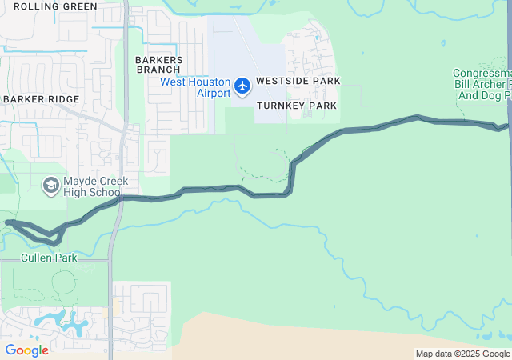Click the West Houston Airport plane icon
tap(242, 84)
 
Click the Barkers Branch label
tap(159, 65)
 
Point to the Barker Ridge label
tap(41, 99)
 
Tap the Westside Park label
tap(298, 82)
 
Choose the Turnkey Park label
tap(297, 106)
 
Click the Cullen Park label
tap(49, 258)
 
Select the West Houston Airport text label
tap(195, 87)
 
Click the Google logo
tap(26, 350)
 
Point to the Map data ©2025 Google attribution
tap(462, 354)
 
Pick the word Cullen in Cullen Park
tap(36, 258)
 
